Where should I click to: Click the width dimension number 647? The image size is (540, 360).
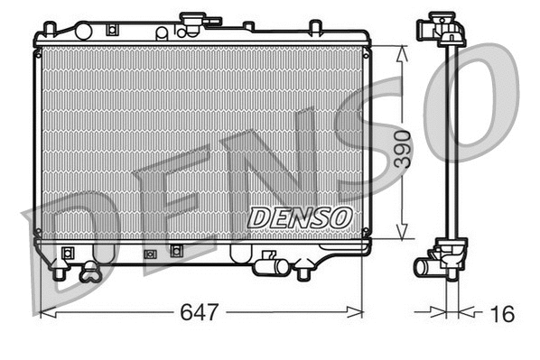[200, 313]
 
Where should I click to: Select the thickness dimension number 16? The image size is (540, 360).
[503, 313]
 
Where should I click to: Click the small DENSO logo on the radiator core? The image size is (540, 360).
[299, 217]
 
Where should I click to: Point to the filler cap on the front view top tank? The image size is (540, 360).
[192, 21]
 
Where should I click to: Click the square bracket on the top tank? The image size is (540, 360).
[111, 29]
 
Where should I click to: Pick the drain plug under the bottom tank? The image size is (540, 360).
[89, 269]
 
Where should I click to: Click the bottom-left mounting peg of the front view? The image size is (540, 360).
[60, 269]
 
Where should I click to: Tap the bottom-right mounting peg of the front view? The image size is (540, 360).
[305, 269]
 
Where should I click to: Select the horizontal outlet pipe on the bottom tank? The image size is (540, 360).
[268, 266]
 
